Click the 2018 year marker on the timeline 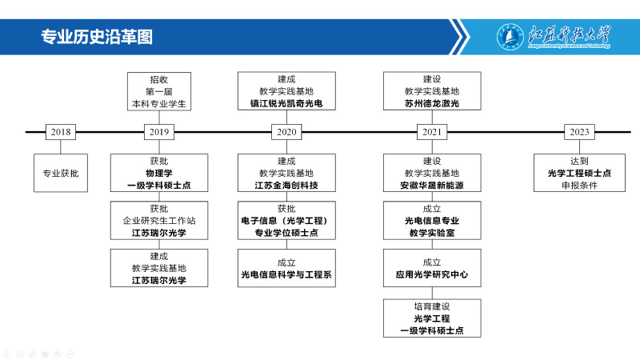coord(61,132)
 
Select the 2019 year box coord(159,132)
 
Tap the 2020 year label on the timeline coord(286,132)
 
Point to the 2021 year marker coord(432,132)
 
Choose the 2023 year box coord(579,132)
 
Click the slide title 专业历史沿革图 coord(97,37)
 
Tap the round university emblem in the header coord(510,37)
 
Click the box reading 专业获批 coord(61,173)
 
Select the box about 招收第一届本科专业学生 coord(159,91)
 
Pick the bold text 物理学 coord(159,173)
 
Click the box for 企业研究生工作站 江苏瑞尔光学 coord(159,221)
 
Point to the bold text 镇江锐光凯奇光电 coord(286,104)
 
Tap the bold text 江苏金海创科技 coord(286,186)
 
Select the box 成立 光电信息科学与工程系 coord(286,268)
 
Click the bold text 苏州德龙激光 coord(432,104)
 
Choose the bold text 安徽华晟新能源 coord(432,186)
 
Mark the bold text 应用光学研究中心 coord(432,274)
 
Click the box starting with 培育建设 coord(432,318)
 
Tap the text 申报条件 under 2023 coord(579,186)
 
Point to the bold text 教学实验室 coord(432,233)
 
